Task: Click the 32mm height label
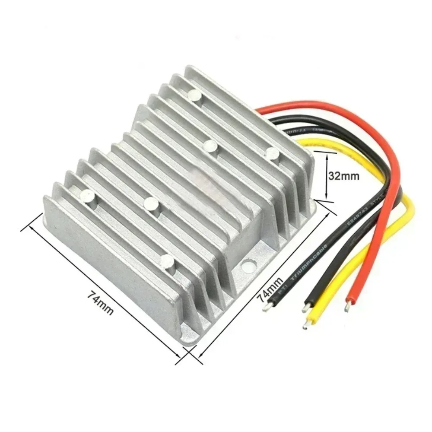[x=343, y=176]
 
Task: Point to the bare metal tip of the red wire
[x=347, y=308]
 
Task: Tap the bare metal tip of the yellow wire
[x=306, y=324]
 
